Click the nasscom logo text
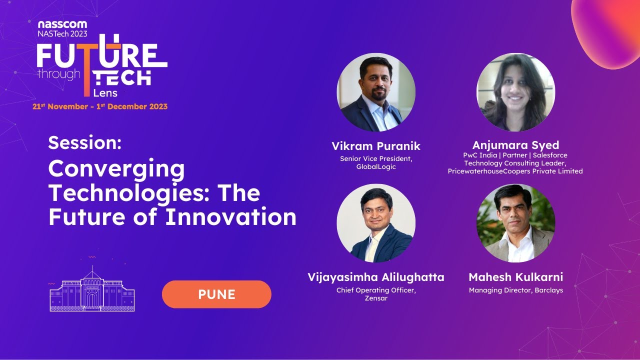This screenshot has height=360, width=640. [x=62, y=24]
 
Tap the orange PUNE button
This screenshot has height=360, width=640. [x=216, y=294]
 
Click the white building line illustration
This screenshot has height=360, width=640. [x=92, y=290]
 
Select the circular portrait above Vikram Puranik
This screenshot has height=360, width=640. [x=376, y=92]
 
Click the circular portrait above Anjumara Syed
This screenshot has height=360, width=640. [x=515, y=92]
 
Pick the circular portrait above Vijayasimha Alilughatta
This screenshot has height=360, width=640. [x=376, y=223]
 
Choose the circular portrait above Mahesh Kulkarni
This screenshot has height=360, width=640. [x=515, y=223]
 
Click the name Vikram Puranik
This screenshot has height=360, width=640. [x=376, y=146]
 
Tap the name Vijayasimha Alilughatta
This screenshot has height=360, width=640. [x=376, y=277]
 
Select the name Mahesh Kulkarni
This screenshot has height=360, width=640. [x=515, y=277]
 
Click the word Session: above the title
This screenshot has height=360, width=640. [x=85, y=143]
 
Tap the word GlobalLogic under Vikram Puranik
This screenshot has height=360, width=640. [x=376, y=167]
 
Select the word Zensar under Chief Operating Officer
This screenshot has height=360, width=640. [x=376, y=298]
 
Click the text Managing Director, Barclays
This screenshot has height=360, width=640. [x=515, y=290]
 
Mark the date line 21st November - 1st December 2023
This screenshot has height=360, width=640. [x=100, y=106]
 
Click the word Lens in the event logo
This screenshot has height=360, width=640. [x=105, y=93]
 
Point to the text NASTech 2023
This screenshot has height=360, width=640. [x=62, y=33]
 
